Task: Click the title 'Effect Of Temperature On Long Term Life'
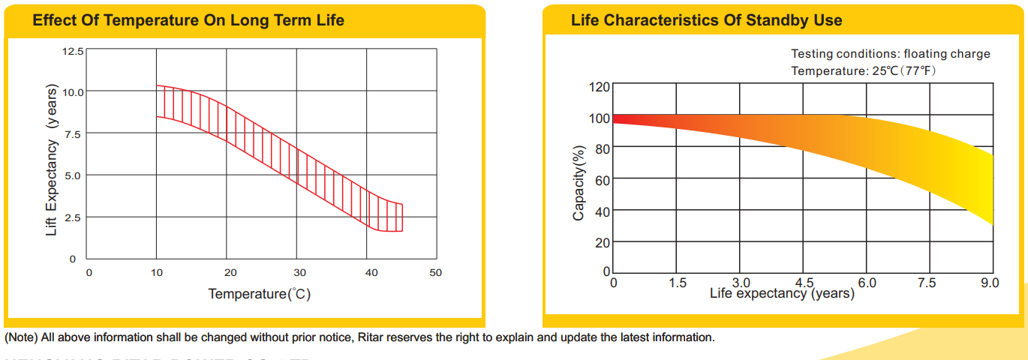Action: tap(188, 20)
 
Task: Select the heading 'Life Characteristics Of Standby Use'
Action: tap(706, 20)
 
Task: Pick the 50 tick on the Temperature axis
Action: tap(436, 272)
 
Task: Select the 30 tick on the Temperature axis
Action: tap(299, 272)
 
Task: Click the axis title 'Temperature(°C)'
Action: tap(259, 293)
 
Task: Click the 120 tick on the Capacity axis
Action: tap(600, 87)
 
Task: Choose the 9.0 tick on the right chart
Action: tap(990, 283)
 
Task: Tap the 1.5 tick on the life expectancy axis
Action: tap(678, 283)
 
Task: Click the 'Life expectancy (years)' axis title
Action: tap(782, 293)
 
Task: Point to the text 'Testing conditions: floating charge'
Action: tap(890, 54)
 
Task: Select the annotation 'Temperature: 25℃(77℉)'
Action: tap(863, 70)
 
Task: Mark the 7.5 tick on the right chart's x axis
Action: tap(927, 283)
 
